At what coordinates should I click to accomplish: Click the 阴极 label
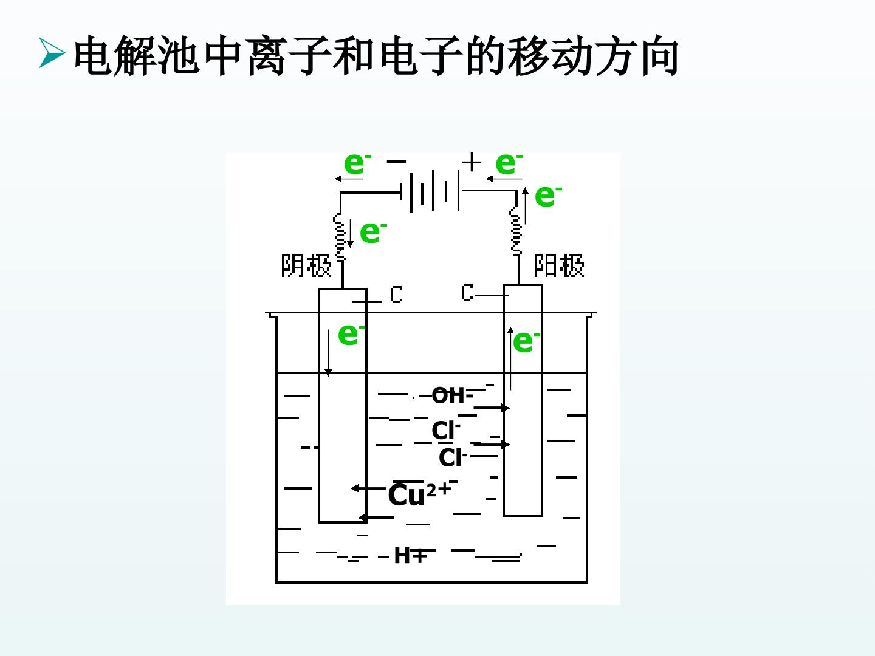(x=306, y=265)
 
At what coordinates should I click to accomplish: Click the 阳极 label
(x=559, y=265)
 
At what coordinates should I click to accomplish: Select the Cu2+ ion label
(x=420, y=494)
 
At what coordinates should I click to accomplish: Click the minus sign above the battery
(x=396, y=162)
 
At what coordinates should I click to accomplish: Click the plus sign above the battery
(x=472, y=162)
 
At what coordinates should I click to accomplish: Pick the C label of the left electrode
(x=396, y=295)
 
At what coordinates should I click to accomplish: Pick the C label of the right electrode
(x=467, y=292)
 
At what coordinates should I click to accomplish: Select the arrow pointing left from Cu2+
(x=369, y=488)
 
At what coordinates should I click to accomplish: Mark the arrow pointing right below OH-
(x=492, y=408)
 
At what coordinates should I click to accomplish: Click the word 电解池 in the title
(x=136, y=56)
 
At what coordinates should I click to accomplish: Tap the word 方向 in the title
(x=638, y=56)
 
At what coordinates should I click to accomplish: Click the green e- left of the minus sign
(x=357, y=163)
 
